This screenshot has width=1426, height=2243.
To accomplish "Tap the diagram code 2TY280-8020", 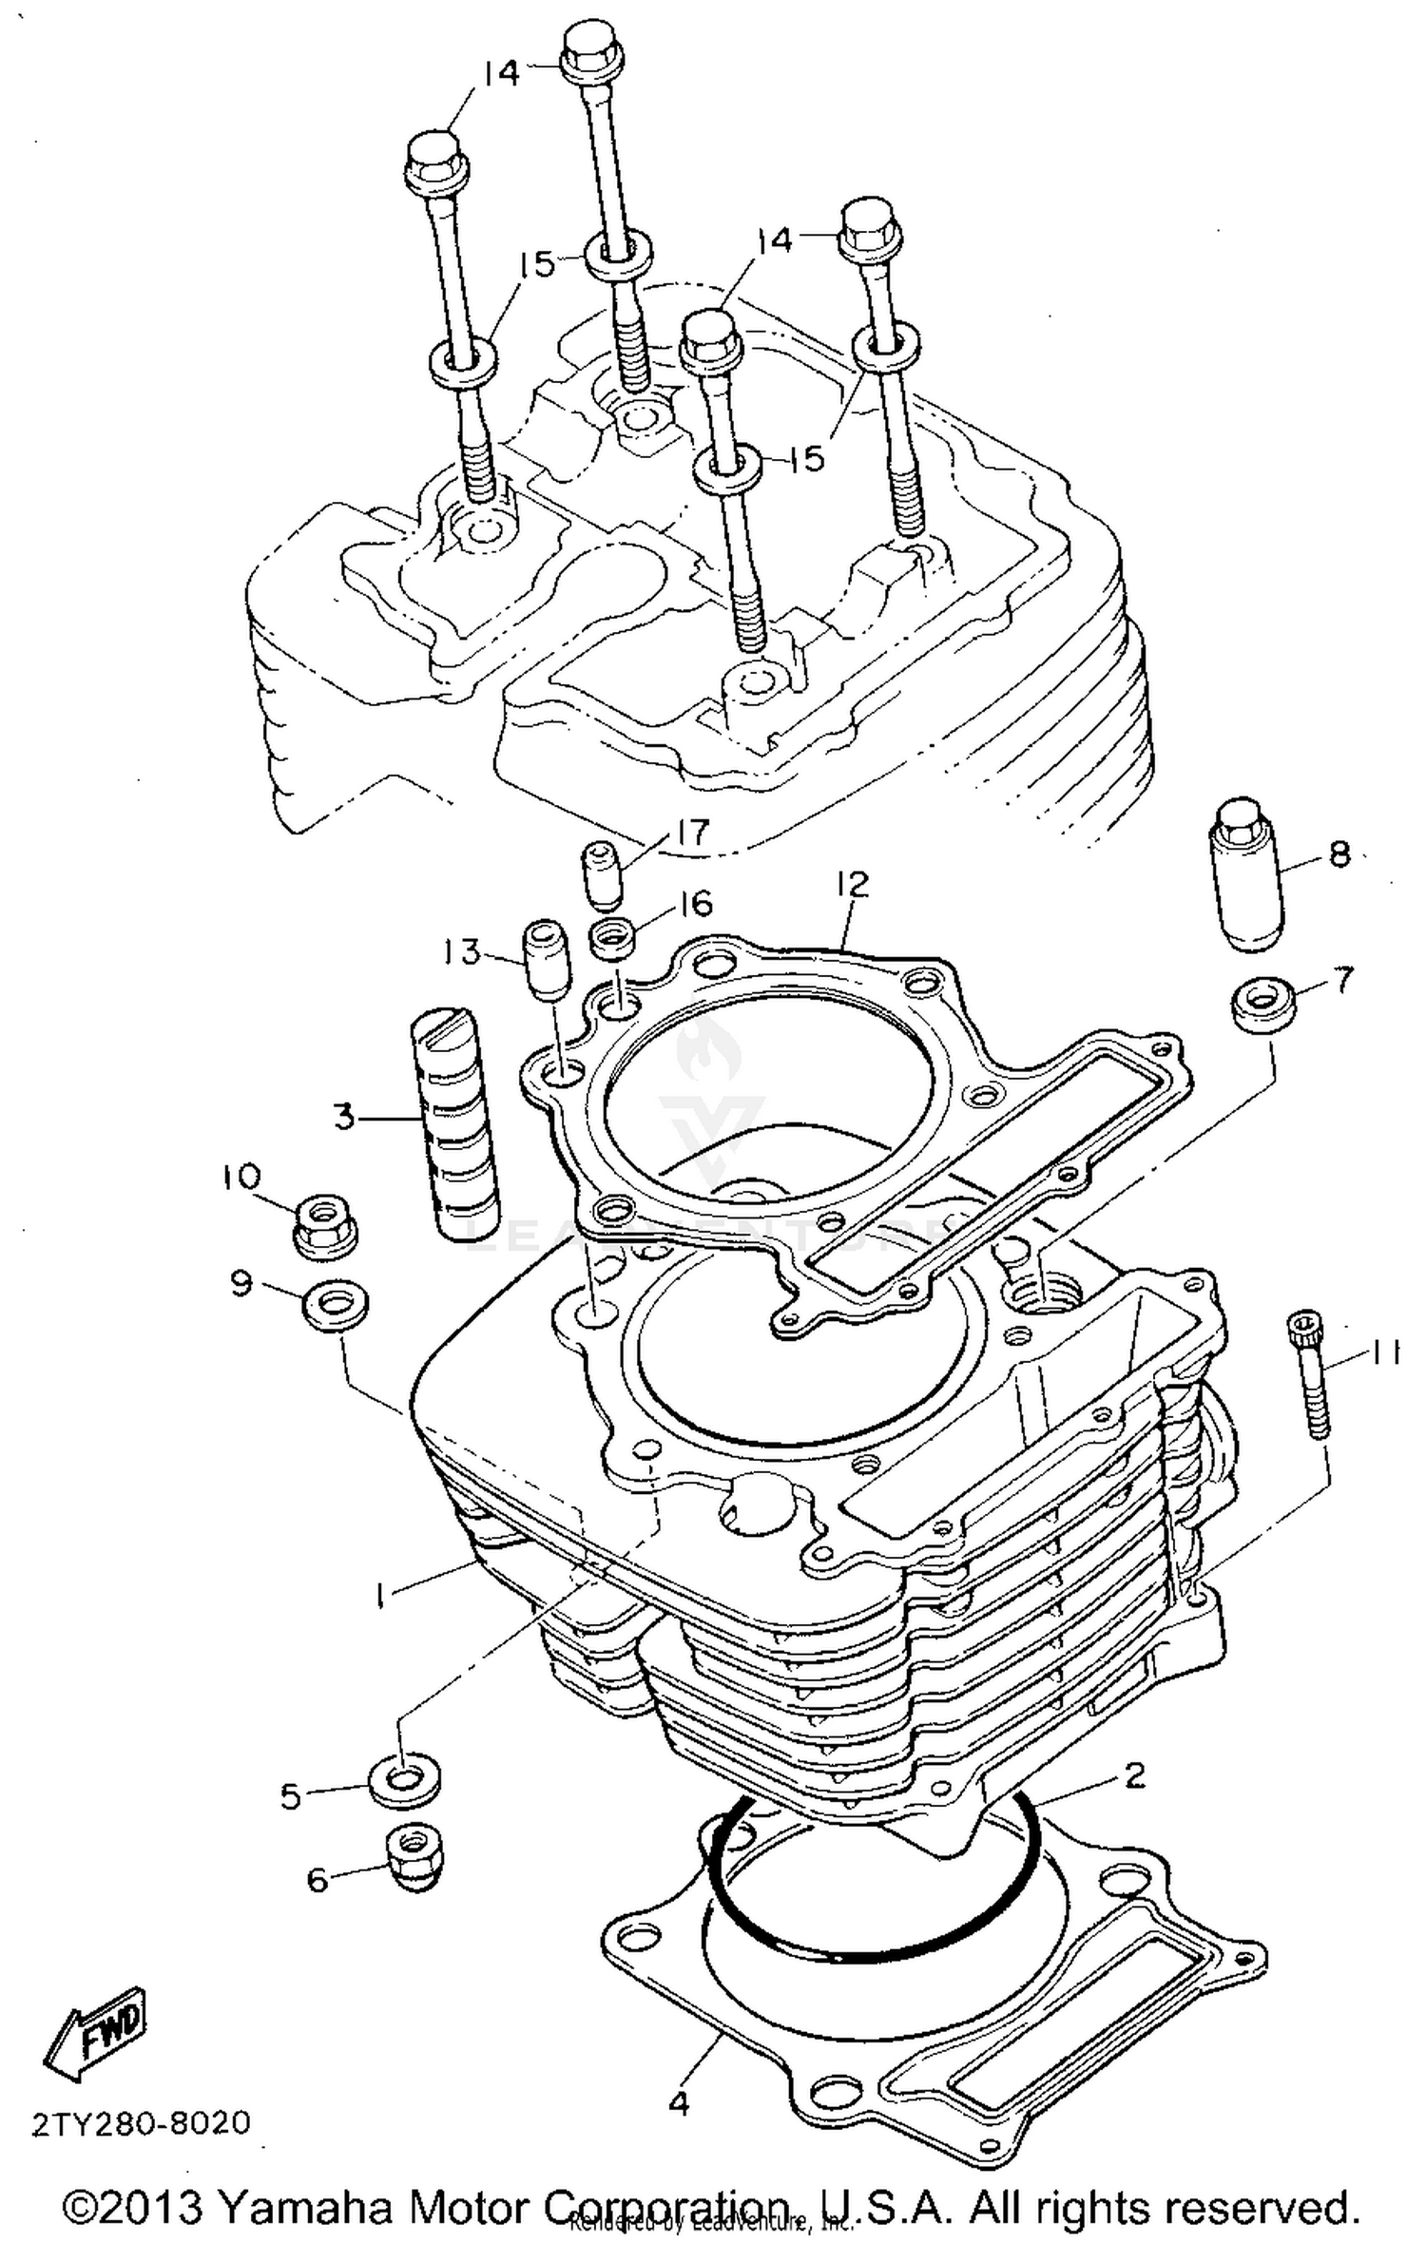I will [x=142, y=2122].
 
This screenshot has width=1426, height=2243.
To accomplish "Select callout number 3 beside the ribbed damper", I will [x=344, y=1116].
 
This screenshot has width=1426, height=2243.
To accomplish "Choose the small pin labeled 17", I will [x=600, y=872].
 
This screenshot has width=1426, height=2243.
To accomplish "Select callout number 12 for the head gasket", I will [x=853, y=886].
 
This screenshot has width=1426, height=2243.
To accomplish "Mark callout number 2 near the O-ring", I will [x=1135, y=1773].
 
